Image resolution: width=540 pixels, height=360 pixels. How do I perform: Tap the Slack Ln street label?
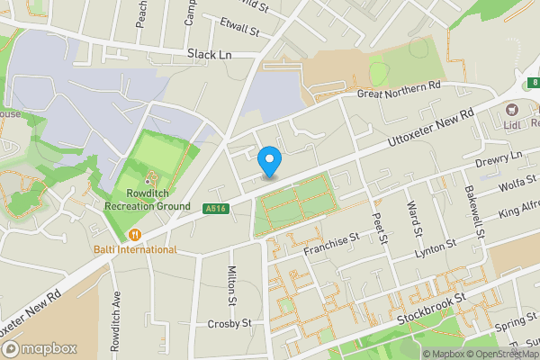210,54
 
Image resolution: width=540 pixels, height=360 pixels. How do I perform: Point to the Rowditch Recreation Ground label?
147,200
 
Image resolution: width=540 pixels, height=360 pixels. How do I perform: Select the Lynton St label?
436,250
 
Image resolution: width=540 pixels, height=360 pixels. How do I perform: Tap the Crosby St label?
227,323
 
